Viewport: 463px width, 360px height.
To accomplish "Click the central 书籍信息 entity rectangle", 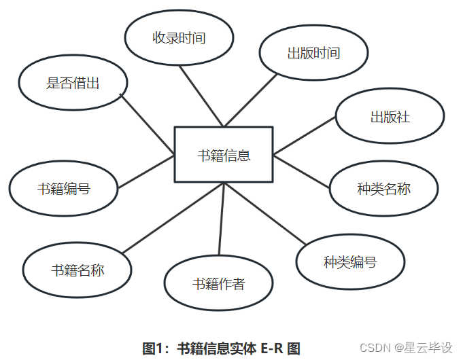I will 224,154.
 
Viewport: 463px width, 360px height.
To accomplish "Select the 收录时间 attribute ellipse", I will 179,38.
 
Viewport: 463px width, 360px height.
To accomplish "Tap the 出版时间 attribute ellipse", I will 313,53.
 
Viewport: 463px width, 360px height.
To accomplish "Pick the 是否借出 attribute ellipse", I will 73,84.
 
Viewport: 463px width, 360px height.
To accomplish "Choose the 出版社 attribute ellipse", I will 390,116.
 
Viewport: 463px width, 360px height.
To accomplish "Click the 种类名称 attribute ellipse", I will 384,188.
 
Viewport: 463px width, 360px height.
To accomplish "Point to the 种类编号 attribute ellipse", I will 350,262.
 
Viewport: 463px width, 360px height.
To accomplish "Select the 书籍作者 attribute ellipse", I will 218,283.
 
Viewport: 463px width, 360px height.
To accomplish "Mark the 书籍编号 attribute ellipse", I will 63,188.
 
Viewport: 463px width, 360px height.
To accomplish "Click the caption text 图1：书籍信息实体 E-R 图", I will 221,348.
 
